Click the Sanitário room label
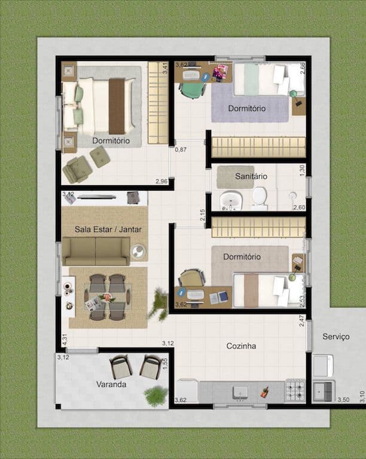pyautogui.click(x=251, y=176)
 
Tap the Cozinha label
pyautogui.click(x=241, y=346)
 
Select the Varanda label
pyautogui.click(x=111, y=384)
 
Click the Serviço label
pyautogui.click(x=336, y=336)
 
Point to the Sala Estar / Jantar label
pyautogui.click(x=108, y=229)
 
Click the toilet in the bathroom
pyautogui.click(x=260, y=198)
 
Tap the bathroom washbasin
pyautogui.click(x=231, y=201)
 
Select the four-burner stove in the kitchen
pyautogui.click(x=295, y=390)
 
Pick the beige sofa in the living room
pyautogui.click(x=96, y=251)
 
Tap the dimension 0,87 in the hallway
pyautogui.click(x=181, y=149)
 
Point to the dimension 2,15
pyautogui.click(x=202, y=215)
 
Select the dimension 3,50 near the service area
pyautogui.click(x=343, y=400)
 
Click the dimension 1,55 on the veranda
pyautogui.click(x=164, y=364)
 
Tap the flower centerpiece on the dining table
pyautogui.click(x=107, y=298)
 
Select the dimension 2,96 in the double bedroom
pyautogui.click(x=161, y=182)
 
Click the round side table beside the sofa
pyautogui.click(x=138, y=251)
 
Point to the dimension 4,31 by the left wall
pyautogui.click(x=65, y=339)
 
